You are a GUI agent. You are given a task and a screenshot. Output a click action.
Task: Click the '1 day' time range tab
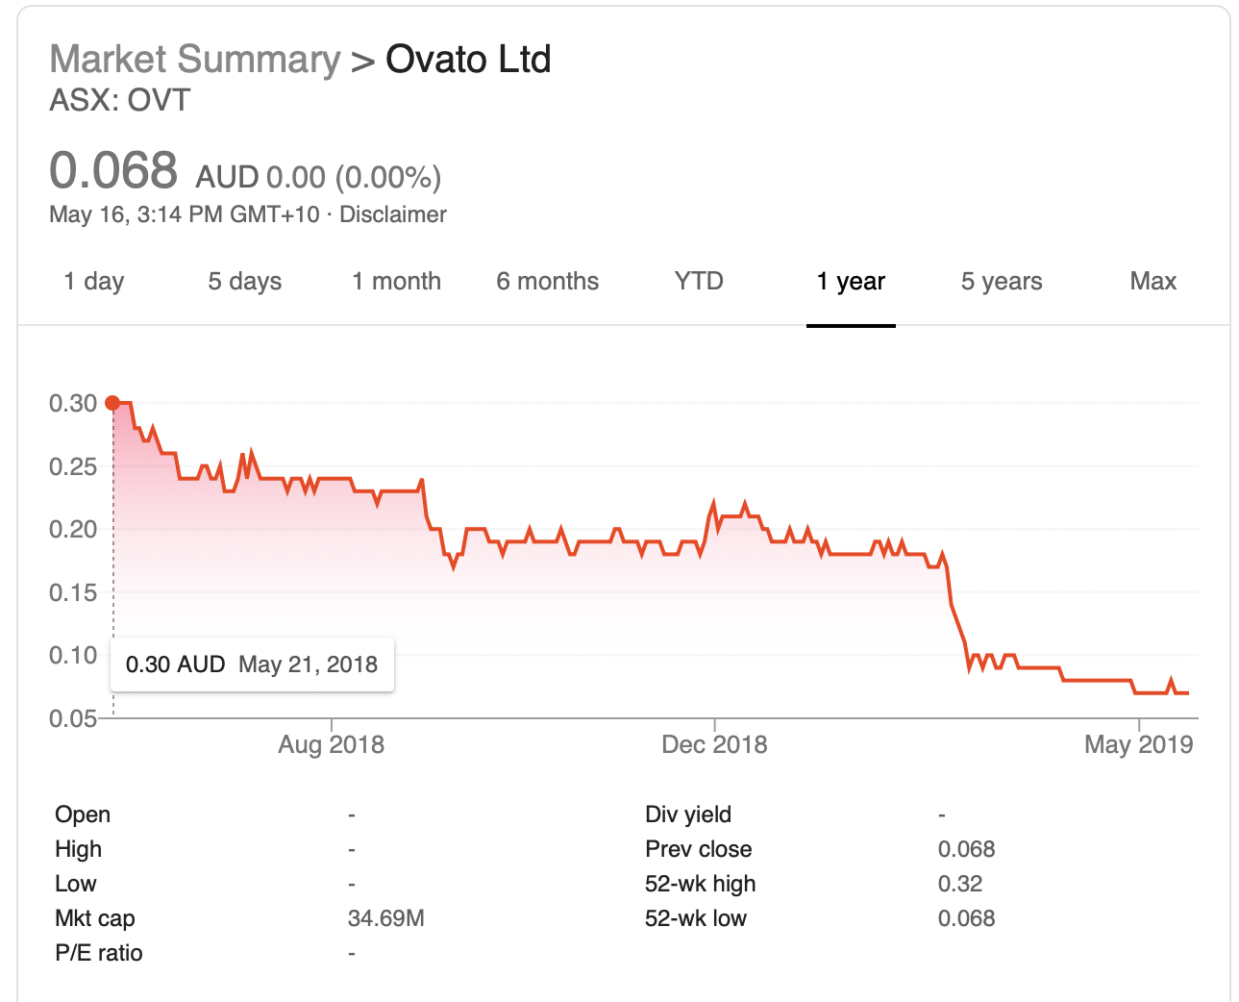pyautogui.click(x=94, y=282)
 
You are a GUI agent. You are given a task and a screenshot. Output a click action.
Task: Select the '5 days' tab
pyautogui.click(x=245, y=282)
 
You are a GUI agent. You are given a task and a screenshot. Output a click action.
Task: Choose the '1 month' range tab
pyautogui.click(x=396, y=282)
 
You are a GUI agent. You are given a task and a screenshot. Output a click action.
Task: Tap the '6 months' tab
pyautogui.click(x=547, y=282)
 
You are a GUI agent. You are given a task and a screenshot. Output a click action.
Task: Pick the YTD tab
pyautogui.click(x=699, y=282)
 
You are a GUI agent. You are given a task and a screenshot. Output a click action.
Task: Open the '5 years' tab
pyautogui.click(x=1002, y=282)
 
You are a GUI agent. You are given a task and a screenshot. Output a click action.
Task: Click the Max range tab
pyautogui.click(x=1152, y=282)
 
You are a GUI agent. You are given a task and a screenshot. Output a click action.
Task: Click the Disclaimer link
pyautogui.click(x=393, y=214)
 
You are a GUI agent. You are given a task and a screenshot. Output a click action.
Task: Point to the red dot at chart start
pyautogui.click(x=112, y=403)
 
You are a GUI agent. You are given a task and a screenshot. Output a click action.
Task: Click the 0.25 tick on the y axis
pyautogui.click(x=73, y=467)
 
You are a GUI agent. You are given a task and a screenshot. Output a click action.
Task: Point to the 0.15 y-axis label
pyautogui.click(x=73, y=593)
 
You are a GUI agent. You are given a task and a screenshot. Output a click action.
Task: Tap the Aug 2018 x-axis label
pyautogui.click(x=331, y=745)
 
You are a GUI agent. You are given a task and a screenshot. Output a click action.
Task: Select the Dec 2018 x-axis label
pyautogui.click(x=714, y=745)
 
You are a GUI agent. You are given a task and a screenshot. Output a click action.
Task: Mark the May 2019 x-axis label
pyautogui.click(x=1138, y=745)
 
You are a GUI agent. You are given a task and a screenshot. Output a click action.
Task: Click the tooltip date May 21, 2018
pyautogui.click(x=308, y=664)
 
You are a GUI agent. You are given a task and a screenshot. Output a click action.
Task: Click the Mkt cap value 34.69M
pyautogui.click(x=385, y=919)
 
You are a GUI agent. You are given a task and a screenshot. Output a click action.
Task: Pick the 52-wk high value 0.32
pyautogui.click(x=959, y=885)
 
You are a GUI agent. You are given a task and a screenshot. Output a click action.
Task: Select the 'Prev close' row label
pyautogui.click(x=698, y=850)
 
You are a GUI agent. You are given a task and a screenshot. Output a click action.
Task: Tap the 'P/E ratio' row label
pyautogui.click(x=98, y=954)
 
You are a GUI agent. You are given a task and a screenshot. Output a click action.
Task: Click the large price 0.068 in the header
pyautogui.click(x=113, y=171)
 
